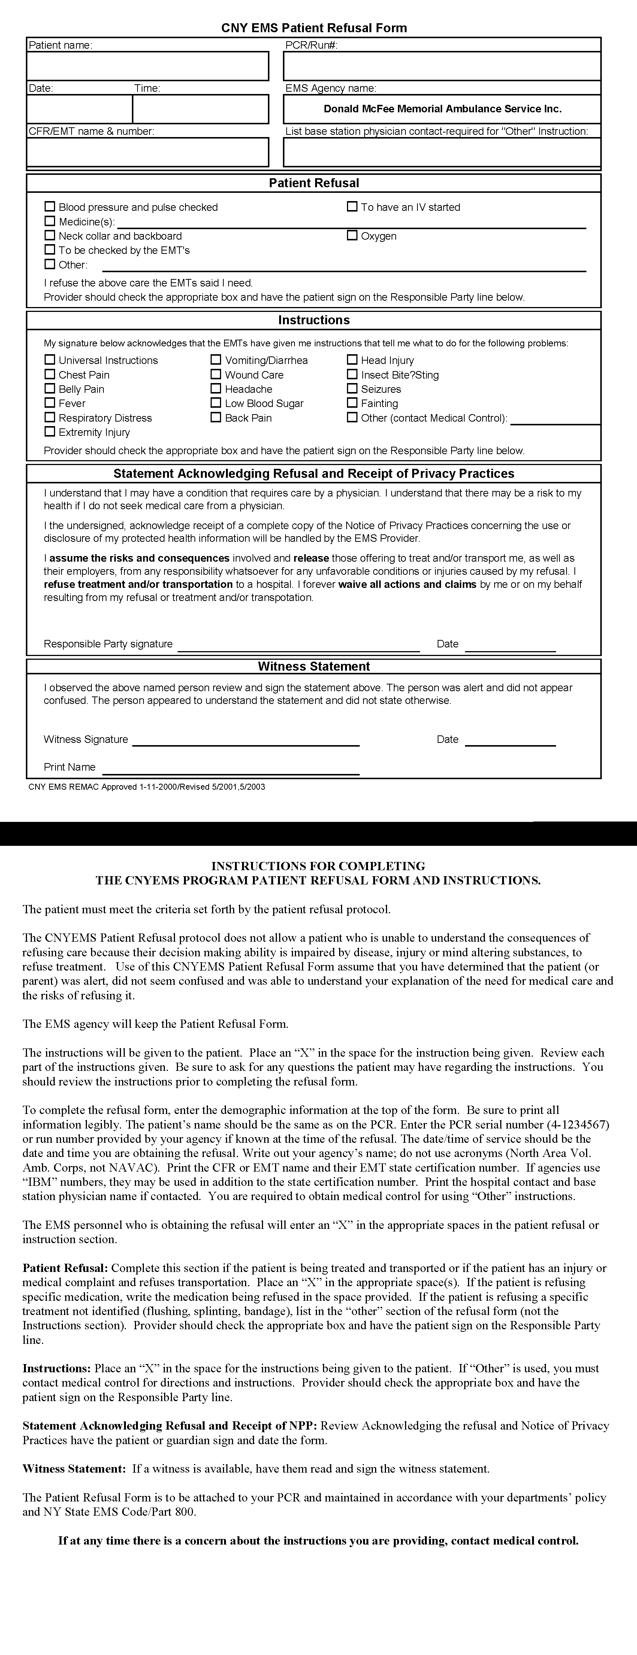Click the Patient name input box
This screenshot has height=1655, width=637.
[147, 66]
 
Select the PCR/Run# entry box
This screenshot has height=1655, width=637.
[442, 66]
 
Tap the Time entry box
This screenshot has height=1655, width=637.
[200, 109]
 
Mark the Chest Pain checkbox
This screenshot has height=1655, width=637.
[49, 374]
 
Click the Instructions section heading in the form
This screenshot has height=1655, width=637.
[314, 320]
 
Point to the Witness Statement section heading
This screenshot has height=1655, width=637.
[314, 666]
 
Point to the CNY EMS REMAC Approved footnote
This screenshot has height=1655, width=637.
[147, 786]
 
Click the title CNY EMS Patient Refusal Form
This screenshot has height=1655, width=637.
[314, 28]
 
